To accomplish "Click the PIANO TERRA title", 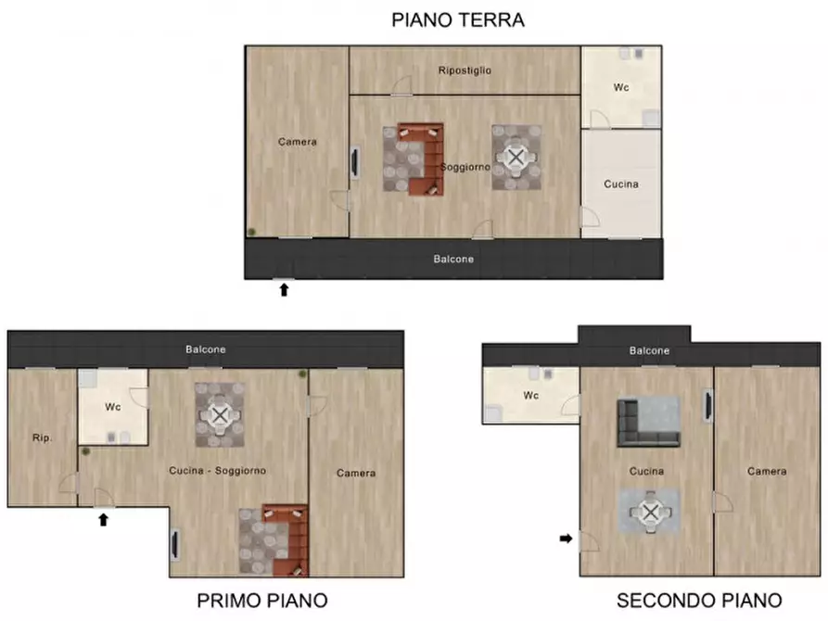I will pyautogui.click(x=458, y=19).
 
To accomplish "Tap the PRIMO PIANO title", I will pyautogui.click(x=262, y=601).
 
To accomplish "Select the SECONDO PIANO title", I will pyautogui.click(x=699, y=601).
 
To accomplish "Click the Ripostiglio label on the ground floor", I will pyautogui.click(x=465, y=70).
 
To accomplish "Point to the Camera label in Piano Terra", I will pyautogui.click(x=298, y=142).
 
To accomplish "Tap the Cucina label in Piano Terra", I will pyautogui.click(x=620, y=184).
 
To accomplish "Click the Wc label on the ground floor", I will pyautogui.click(x=621, y=88).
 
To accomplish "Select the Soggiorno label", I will pyautogui.click(x=465, y=167).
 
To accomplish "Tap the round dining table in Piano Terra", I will pyautogui.click(x=516, y=158).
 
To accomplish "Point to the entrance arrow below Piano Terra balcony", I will pyautogui.click(x=285, y=290).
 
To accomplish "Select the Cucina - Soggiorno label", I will pyautogui.click(x=217, y=471).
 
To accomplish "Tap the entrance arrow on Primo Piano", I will pyautogui.click(x=104, y=520).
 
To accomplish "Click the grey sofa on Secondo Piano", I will pyautogui.click(x=648, y=424).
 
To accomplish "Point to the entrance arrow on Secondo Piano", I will pyautogui.click(x=566, y=538).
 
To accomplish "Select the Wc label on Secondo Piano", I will pyautogui.click(x=531, y=396).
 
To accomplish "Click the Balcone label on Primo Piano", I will pyautogui.click(x=205, y=349).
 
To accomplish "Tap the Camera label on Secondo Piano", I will pyautogui.click(x=768, y=472).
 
